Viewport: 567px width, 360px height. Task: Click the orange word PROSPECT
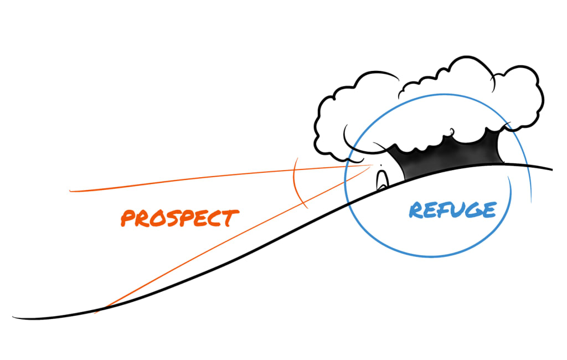point(180,218)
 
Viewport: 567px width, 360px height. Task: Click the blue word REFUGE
point(453,210)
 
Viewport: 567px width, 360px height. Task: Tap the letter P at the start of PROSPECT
point(128,218)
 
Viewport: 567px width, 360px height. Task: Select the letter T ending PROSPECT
point(231,218)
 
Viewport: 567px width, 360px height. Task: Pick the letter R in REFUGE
point(416,210)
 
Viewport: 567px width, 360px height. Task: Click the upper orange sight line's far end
point(70,191)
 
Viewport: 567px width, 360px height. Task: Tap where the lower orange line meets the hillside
point(105,308)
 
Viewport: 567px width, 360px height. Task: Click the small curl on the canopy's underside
point(451,132)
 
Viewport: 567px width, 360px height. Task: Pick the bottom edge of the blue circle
point(431,256)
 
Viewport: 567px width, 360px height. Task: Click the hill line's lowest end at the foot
point(13,317)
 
